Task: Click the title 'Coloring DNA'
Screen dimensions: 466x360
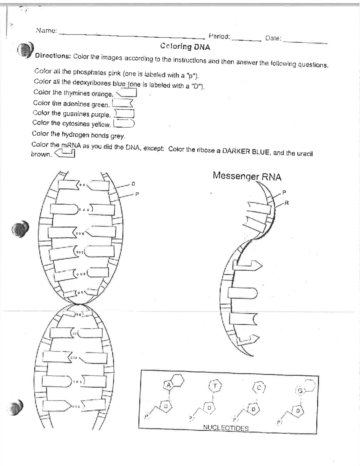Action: click(x=185, y=47)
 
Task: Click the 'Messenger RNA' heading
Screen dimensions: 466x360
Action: click(x=247, y=176)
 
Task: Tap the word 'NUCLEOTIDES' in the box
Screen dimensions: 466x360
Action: click(x=226, y=428)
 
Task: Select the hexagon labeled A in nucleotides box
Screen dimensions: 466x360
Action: click(x=169, y=385)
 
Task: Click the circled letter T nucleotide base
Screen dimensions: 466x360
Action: click(x=215, y=386)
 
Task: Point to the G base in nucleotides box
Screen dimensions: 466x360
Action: click(x=300, y=390)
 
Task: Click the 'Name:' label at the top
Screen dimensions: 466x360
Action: click(x=46, y=30)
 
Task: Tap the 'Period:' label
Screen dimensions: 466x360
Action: click(x=219, y=37)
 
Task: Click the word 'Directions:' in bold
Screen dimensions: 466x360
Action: click(x=52, y=56)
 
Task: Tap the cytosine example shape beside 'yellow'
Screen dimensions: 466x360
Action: click(x=124, y=123)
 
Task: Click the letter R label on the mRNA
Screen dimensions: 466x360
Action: click(x=287, y=203)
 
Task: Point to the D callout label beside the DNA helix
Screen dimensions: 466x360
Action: click(x=133, y=183)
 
